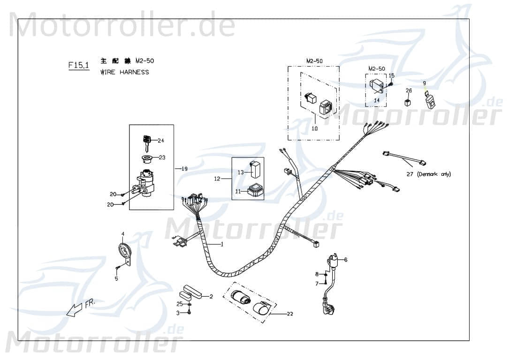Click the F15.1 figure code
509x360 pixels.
pos(78,65)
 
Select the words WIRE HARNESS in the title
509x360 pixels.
pos(125,72)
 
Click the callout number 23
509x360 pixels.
pos(162,157)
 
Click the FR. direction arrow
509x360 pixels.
pos(75,309)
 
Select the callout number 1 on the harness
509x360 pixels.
pos(222,244)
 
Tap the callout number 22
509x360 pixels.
pos(289,314)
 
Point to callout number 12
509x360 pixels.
pos(217,179)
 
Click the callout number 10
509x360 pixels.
pos(314,127)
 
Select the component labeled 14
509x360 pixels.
pos(377,86)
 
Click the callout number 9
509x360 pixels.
pos(424,83)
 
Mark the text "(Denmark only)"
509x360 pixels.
pos(434,174)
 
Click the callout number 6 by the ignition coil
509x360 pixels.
pos(346,259)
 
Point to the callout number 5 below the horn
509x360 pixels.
pos(116,278)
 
